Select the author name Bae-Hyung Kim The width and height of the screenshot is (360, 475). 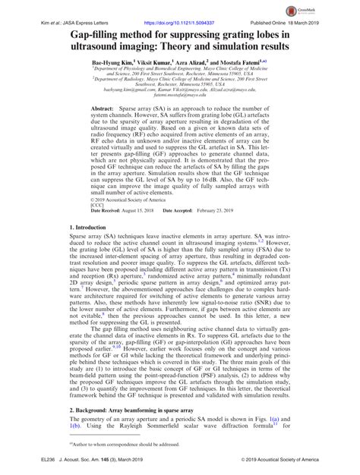coord(107,63)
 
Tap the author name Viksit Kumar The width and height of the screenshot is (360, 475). coord(152,63)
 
